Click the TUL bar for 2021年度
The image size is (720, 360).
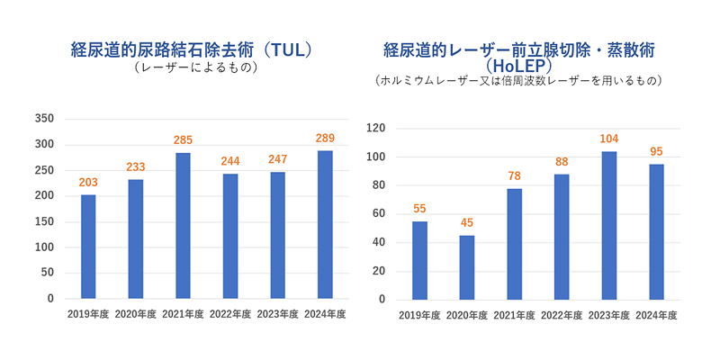click(x=183, y=226)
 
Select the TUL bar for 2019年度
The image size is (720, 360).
click(x=88, y=247)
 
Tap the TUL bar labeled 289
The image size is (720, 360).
click(x=325, y=225)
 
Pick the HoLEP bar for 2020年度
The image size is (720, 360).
click(x=466, y=267)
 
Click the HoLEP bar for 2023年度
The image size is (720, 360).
click(x=609, y=225)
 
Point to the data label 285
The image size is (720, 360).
click(x=183, y=140)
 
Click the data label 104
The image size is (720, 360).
click(x=609, y=139)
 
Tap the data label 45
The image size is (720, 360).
click(x=466, y=223)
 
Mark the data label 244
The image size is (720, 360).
click(x=230, y=161)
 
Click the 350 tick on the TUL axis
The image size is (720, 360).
click(x=44, y=119)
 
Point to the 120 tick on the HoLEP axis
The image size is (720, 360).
click(x=375, y=129)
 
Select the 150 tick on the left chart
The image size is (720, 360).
click(x=44, y=221)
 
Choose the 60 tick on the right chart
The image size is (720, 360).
click(x=379, y=214)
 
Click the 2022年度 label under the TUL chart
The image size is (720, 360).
click(x=230, y=314)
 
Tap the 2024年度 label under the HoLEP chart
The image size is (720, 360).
click(x=656, y=315)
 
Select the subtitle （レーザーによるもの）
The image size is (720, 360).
click(x=195, y=68)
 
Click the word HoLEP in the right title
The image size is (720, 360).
click(x=518, y=65)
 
